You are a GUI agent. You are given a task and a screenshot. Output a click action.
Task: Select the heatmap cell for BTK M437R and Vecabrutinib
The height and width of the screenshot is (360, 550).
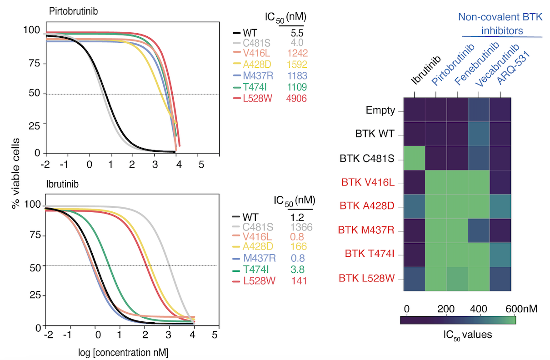coord(479,231)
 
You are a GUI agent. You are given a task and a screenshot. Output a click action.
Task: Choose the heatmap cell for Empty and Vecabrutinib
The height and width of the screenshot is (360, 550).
coord(479,110)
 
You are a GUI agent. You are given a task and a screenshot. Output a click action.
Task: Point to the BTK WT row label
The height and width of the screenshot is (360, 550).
coord(375,134)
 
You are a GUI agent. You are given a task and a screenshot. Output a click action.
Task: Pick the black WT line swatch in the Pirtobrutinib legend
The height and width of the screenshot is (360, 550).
coord(236,33)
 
